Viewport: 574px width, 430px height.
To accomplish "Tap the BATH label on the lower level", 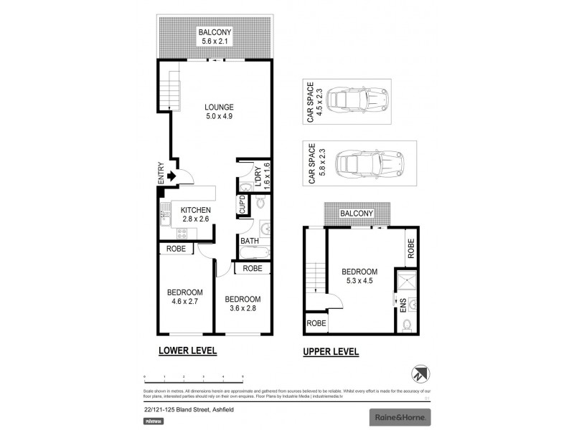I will click(249, 241).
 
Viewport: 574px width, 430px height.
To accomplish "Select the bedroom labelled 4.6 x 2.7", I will click(185, 297).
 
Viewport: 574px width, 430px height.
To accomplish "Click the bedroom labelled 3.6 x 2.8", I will click(243, 304).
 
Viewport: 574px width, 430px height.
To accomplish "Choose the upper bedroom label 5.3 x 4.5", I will click(359, 277).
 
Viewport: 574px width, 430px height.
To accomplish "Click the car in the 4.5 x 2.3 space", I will click(362, 102).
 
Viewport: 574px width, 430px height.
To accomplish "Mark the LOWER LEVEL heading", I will click(187, 351).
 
